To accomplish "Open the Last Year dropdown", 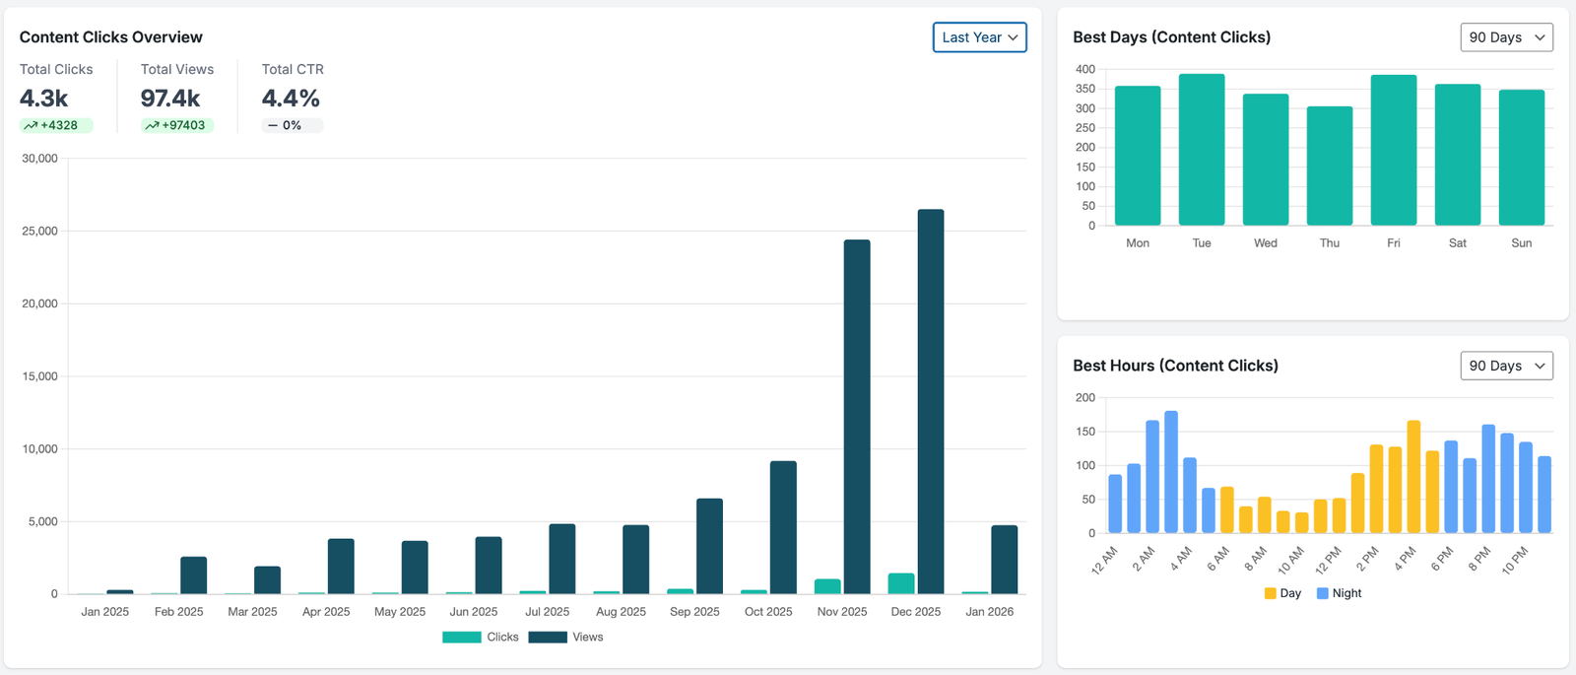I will [979, 37].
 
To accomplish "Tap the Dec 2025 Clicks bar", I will [901, 583].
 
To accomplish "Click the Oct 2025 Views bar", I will [783, 527].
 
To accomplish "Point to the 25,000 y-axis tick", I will [39, 231].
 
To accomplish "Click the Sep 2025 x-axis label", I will [694, 612].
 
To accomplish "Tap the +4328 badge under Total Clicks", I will [57, 125].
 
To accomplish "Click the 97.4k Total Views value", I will [169, 99].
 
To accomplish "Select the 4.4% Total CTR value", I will [291, 99].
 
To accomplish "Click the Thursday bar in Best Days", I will [1330, 166].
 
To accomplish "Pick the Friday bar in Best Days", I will [1394, 150].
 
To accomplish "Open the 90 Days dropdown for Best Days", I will [1506, 37].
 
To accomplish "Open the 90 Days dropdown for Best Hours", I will [1506, 366].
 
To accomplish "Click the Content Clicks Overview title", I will [110, 37].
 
